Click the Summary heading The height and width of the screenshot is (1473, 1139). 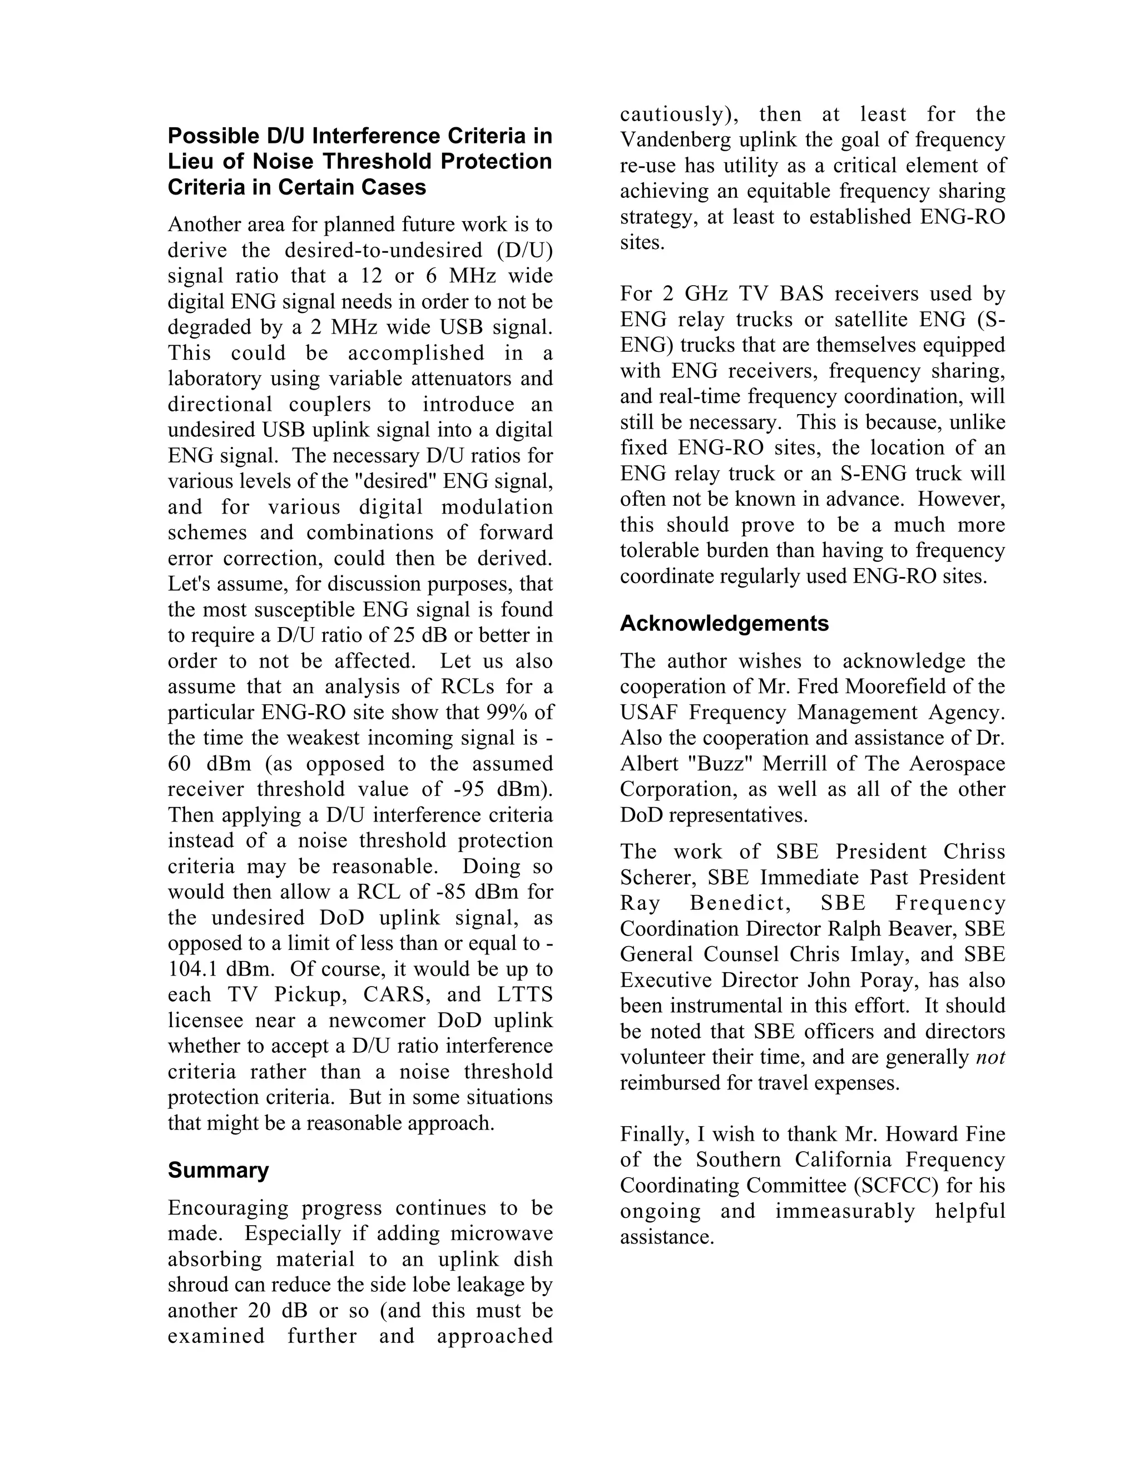pos(218,1170)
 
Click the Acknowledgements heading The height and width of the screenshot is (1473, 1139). pos(724,623)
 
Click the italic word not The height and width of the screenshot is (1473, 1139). pos(990,1057)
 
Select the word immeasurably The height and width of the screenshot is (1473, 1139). pos(845,1211)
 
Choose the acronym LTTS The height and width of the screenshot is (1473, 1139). pos(525,995)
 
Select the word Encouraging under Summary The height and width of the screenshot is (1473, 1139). pos(227,1208)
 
